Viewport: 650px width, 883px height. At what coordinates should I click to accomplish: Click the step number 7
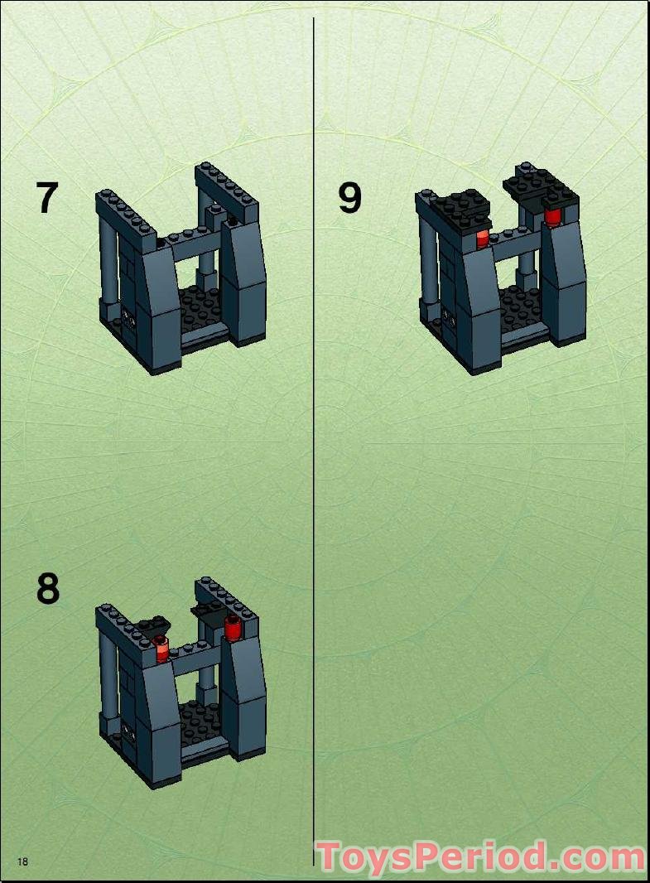[x=47, y=199]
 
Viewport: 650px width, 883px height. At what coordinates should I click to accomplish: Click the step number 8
[x=48, y=589]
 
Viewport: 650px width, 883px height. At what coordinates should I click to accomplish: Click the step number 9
[x=350, y=198]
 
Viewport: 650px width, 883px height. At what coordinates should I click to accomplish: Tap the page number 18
[x=22, y=861]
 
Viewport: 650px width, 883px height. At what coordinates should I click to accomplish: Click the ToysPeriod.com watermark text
[x=480, y=856]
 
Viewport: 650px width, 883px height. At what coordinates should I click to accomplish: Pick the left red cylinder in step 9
[x=482, y=239]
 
